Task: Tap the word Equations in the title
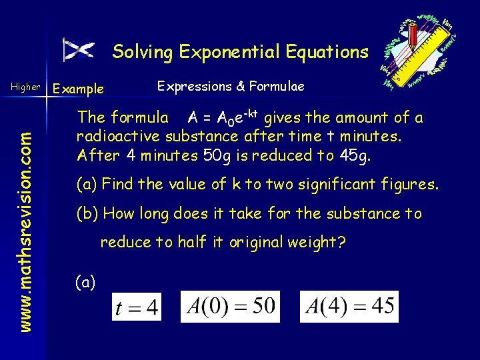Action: point(327,51)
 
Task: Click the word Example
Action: point(78,89)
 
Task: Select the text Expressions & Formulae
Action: point(230,86)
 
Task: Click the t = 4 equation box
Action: point(136,308)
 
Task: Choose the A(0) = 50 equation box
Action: point(230,307)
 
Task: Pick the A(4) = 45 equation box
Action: point(349,307)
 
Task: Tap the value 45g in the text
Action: point(362,155)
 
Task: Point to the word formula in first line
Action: point(140,118)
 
